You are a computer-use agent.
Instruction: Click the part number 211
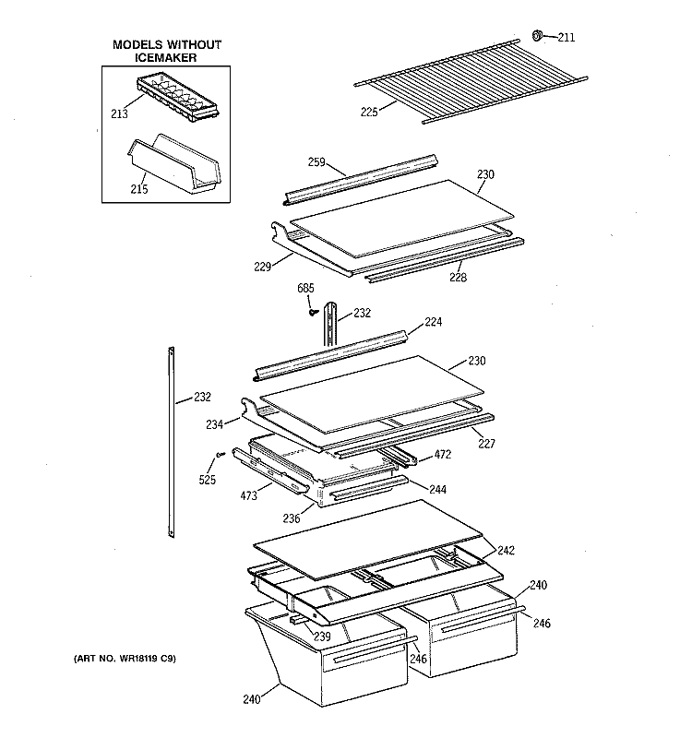coord(566,38)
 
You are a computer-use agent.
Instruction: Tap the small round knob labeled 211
coord(536,36)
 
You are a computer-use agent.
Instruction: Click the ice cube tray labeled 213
coord(178,95)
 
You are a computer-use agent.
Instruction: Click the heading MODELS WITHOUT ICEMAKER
coord(167,52)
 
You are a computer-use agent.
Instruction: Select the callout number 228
coord(458,277)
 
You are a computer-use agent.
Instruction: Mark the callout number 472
coord(443,455)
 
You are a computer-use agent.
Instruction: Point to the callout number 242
coord(507,551)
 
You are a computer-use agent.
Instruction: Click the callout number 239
coord(322,637)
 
